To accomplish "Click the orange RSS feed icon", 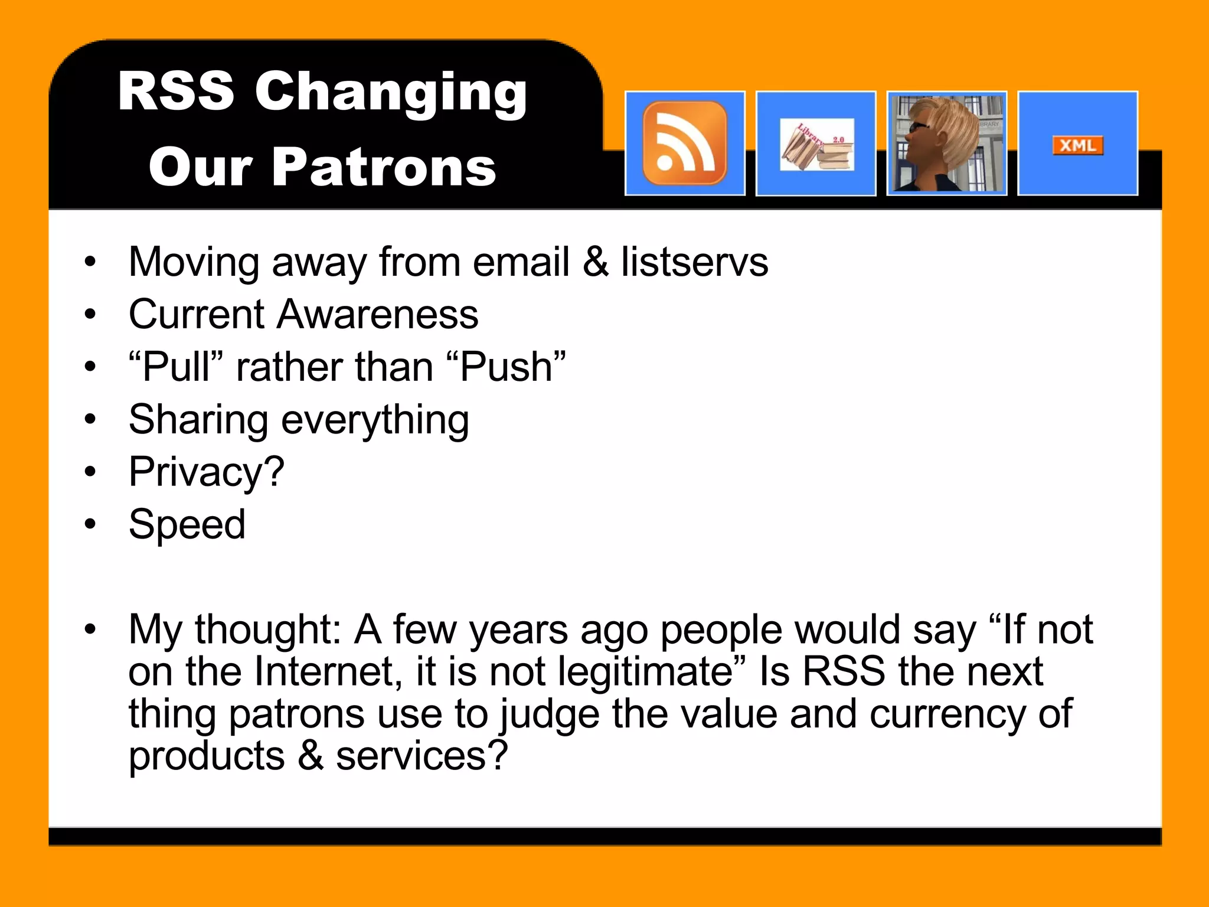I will coord(685,143).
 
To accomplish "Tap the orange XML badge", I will coord(1077,145).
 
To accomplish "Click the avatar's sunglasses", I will coord(919,127).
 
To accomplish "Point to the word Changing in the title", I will coord(391,93).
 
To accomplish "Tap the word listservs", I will coord(694,262).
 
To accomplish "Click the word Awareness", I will coord(377,314).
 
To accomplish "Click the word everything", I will coord(375,420).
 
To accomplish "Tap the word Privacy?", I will coord(207,472).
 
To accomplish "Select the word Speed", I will coord(187,524).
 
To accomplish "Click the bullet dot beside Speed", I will coord(90,524).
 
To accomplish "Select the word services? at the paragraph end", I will coord(421,756).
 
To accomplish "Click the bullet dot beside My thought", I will coord(90,629).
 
